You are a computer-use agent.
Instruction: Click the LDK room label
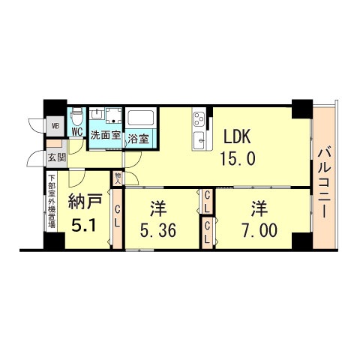tap(238, 137)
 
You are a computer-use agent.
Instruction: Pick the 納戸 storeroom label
tap(82, 201)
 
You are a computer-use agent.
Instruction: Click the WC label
tap(76, 132)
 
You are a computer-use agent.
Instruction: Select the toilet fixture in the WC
tap(76, 117)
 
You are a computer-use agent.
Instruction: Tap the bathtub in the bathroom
tap(140, 117)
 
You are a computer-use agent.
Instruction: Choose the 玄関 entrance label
tap(56, 157)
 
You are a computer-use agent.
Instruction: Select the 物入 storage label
tap(118, 178)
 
